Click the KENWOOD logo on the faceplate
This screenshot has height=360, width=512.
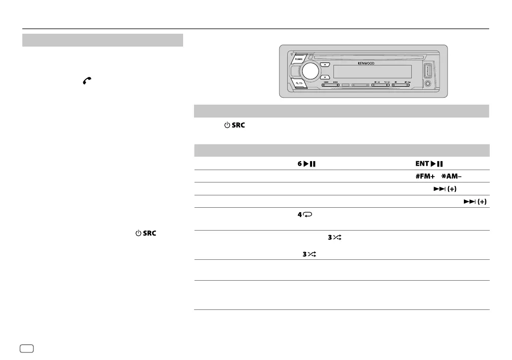[x=366, y=63]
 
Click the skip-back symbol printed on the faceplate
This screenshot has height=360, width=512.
[x=326, y=82]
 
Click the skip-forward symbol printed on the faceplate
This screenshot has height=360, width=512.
[x=336, y=82]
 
